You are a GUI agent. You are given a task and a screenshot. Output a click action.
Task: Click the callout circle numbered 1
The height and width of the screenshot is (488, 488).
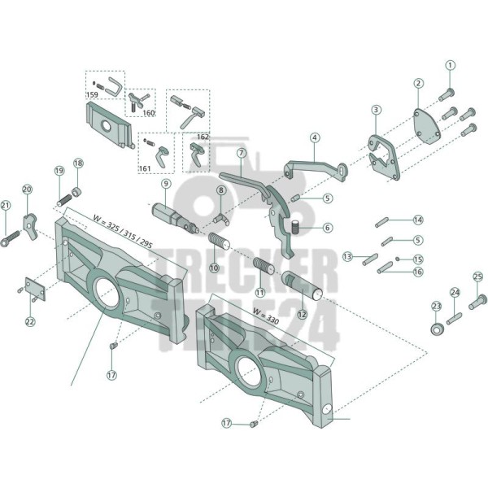450,65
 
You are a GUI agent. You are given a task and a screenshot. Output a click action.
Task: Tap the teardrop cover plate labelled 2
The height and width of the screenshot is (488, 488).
428,126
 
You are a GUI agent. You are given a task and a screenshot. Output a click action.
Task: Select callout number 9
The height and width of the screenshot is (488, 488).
166,184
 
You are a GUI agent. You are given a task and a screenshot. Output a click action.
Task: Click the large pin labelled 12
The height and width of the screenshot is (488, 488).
302,285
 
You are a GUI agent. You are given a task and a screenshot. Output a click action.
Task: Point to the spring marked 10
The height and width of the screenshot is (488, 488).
219,241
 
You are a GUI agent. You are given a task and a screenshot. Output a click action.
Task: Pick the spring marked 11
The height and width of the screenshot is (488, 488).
263,266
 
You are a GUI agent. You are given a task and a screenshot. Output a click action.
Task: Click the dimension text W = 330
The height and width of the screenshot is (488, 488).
266,316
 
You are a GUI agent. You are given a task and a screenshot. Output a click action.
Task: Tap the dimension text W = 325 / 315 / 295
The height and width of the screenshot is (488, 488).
123,232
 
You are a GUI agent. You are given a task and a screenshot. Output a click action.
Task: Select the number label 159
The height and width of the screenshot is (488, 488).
92,94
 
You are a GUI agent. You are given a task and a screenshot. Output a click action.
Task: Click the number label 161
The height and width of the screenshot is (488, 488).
145,168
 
